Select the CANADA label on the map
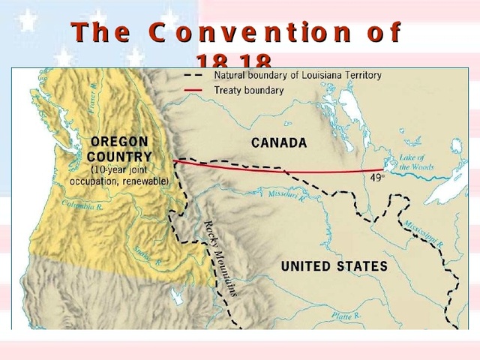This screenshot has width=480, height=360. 278,142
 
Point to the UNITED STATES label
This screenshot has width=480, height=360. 334,266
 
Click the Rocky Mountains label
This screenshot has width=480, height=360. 221,259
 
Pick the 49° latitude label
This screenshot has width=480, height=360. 377,178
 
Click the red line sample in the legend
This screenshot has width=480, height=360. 193,90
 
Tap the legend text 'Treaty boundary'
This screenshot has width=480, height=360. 249,90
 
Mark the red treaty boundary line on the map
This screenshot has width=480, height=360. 300,170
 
